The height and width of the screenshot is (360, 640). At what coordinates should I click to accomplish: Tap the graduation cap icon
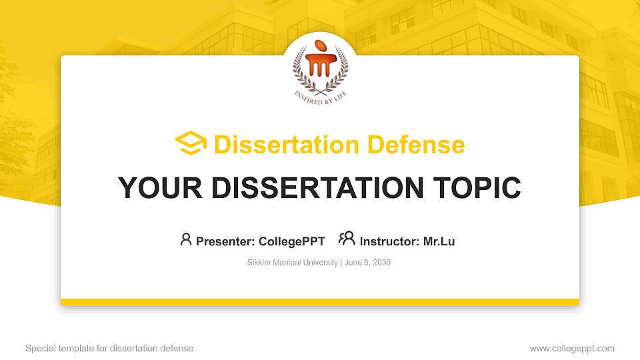click(191, 144)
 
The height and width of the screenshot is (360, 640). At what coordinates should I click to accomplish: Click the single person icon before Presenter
click(186, 239)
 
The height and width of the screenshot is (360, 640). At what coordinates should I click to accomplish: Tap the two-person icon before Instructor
click(347, 239)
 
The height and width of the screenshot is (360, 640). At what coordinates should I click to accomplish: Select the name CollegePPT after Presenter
click(291, 241)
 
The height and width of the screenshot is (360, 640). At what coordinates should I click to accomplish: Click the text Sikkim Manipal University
click(293, 263)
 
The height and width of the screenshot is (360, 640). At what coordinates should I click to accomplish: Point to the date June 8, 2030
click(367, 263)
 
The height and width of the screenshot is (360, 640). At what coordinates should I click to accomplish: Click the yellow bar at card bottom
click(320, 302)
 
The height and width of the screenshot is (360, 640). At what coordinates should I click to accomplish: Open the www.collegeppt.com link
click(572, 348)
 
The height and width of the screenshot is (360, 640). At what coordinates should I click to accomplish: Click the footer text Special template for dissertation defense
click(109, 348)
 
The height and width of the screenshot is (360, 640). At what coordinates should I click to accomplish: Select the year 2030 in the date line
click(382, 263)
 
